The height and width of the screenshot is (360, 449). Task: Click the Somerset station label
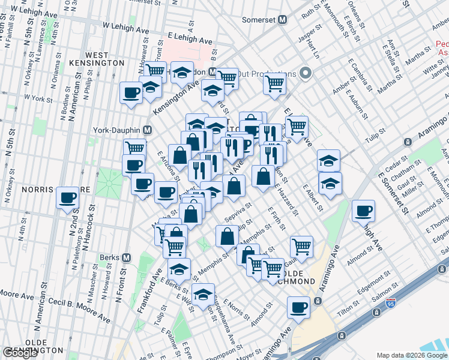258,20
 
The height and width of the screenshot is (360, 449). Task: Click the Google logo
21,353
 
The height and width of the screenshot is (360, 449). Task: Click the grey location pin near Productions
306,73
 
